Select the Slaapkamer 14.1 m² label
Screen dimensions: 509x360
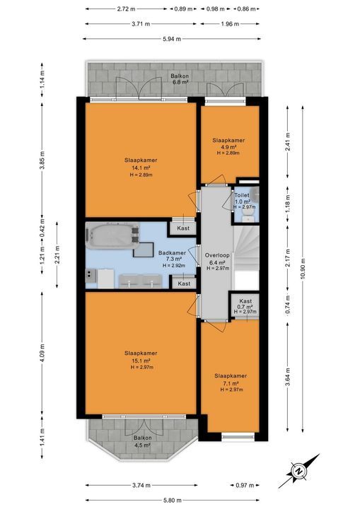pos(139,168)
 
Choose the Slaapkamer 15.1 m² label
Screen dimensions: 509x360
pos(141,360)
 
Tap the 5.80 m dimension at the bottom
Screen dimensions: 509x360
pos(174,498)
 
